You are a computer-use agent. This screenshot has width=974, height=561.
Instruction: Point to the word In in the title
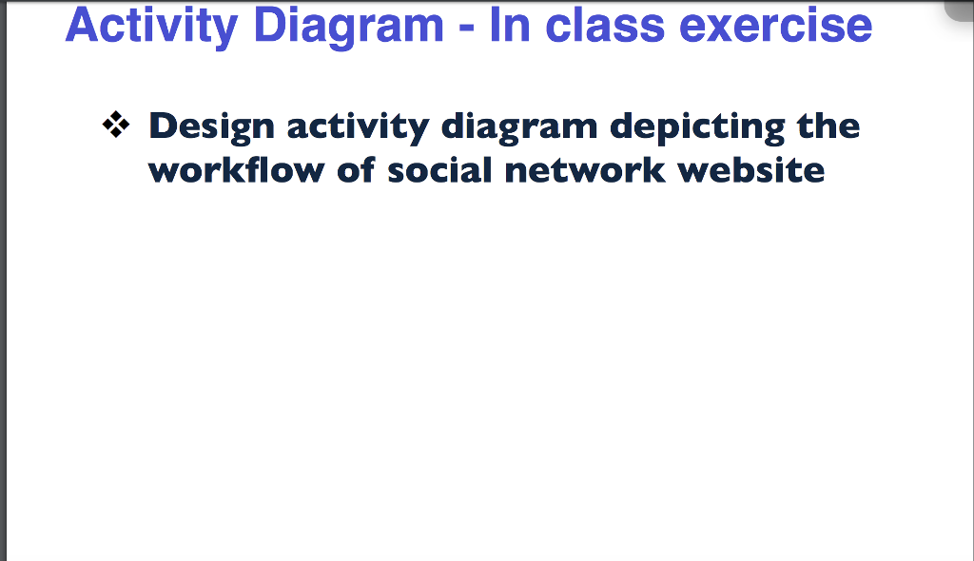510,27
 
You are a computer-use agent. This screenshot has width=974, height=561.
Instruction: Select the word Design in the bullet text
211,127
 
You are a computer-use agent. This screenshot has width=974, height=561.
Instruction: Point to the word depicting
698,127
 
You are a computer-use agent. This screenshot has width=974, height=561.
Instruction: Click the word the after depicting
828,126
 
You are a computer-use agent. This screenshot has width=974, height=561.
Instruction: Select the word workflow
222,171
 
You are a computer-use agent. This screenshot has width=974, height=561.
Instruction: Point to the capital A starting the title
81,27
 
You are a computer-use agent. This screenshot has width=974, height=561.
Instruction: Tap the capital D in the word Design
164,126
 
